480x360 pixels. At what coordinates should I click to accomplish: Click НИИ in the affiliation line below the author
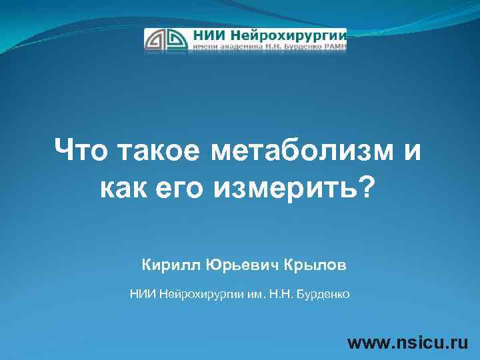(x=142, y=293)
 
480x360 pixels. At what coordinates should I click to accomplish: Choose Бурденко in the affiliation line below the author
(x=323, y=293)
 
